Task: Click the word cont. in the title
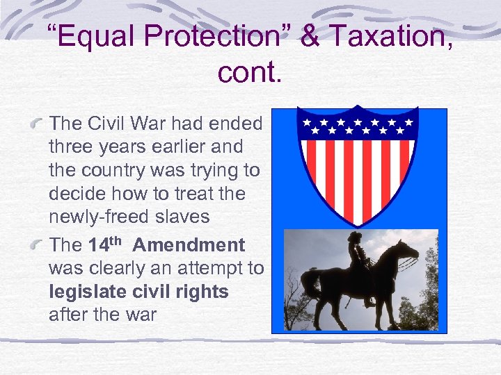(x=250, y=72)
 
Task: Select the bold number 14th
(x=105, y=245)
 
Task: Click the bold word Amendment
(x=189, y=245)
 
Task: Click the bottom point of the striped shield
(x=356, y=223)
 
